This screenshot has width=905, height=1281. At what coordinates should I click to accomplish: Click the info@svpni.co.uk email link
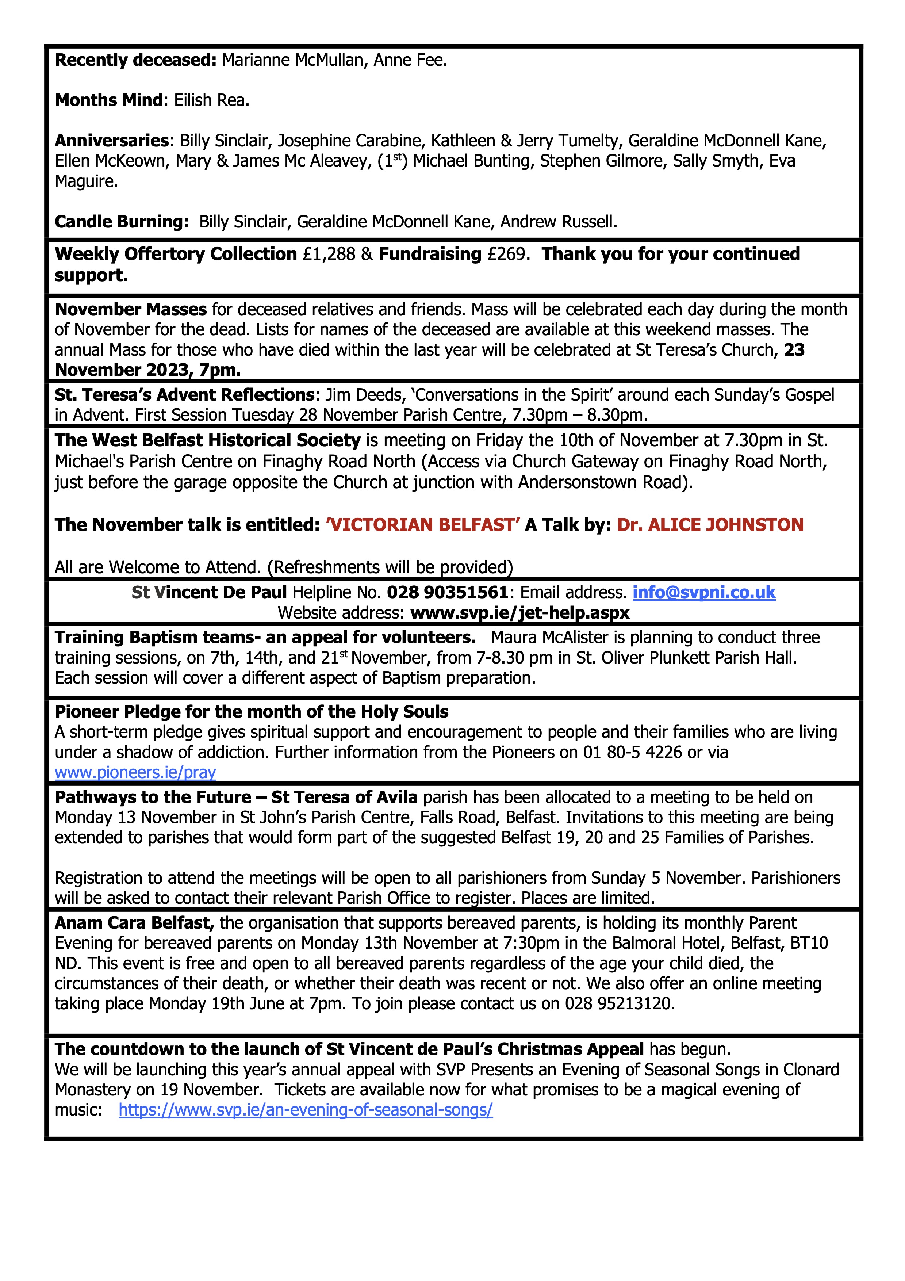(704, 593)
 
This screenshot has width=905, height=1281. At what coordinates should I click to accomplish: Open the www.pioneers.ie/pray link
(135, 773)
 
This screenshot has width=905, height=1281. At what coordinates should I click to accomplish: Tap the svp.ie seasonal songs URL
(306, 1110)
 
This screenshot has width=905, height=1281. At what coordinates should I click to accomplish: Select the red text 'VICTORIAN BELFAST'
(423, 525)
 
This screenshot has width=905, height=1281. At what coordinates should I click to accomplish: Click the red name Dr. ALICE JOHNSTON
(710, 525)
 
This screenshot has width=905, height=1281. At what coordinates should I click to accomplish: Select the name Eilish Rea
(211, 100)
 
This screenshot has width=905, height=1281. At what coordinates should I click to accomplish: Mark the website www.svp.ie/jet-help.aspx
(520, 613)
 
